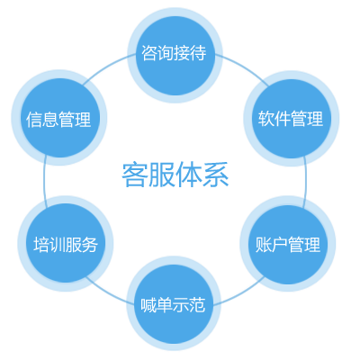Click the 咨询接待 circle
click(175, 55)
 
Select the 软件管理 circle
click(292, 119)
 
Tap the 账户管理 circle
click(288, 244)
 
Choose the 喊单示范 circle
click(174, 303)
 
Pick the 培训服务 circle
click(66, 243)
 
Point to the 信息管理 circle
click(59, 118)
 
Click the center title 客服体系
click(175, 175)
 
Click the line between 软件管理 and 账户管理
click(306, 182)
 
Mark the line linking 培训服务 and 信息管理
click(44, 181)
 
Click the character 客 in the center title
click(135, 175)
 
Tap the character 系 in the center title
click(216, 175)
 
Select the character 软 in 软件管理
click(266, 119)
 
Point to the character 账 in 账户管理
click(264, 244)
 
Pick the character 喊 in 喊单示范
click(148, 304)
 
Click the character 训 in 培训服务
click(58, 244)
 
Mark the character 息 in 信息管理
click(50, 119)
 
